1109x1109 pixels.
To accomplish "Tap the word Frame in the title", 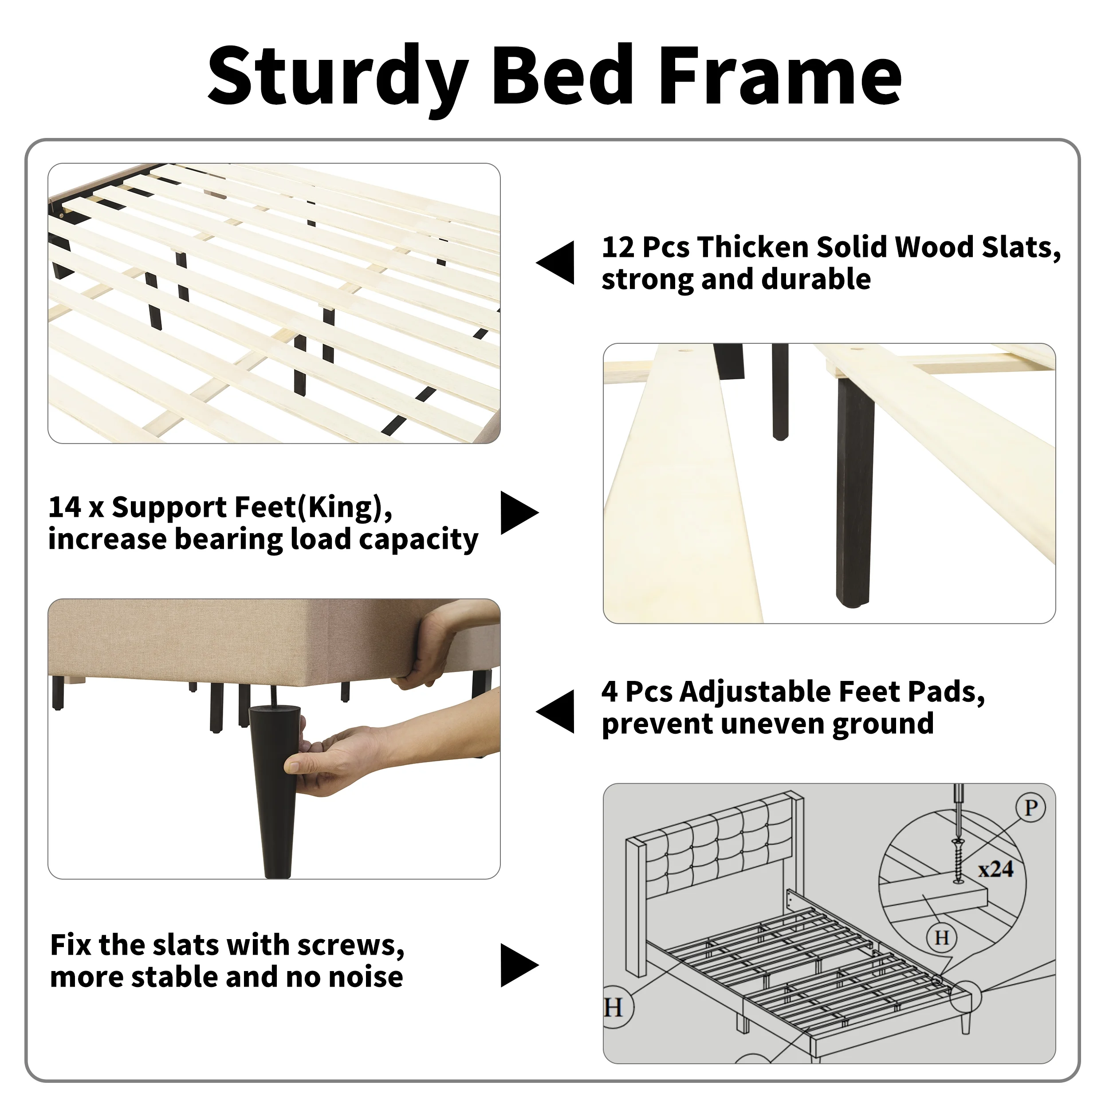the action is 781,76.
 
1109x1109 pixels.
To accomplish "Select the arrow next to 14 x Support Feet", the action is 519,513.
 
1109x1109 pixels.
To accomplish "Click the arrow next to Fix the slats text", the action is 519,966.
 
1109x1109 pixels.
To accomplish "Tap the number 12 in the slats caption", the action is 617,248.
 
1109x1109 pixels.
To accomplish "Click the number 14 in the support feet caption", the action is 64,507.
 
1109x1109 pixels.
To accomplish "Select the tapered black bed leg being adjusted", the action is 275,791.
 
